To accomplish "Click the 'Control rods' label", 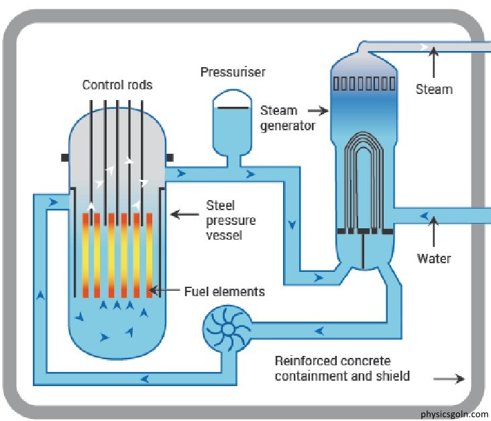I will pos(117,85).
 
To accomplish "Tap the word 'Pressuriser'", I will pos(233,72).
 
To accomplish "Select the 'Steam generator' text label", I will pos(288,118).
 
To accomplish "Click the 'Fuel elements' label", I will pos(225,291).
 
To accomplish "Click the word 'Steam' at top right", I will pos(434,89).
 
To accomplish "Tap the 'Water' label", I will pos(434,258).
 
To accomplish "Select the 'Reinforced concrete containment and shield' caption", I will pos(342,369).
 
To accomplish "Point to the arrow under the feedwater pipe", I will pos(435,234).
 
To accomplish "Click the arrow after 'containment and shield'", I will pos(449,379).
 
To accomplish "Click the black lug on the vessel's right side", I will pos(170,157).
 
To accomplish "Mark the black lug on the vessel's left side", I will pos(64,157).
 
